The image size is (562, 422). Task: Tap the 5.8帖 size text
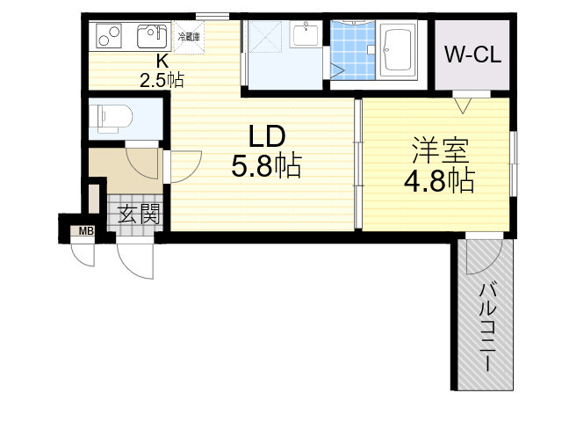[268, 165]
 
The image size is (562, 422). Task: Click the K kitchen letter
[162, 61]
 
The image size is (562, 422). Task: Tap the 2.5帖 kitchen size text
[162, 79]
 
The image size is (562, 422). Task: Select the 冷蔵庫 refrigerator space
[189, 37]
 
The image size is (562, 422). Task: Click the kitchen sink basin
[151, 38]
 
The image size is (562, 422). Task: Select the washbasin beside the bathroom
[306, 36]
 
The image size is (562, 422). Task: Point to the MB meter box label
[86, 231]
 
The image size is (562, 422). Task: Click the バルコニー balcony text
[485, 325]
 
